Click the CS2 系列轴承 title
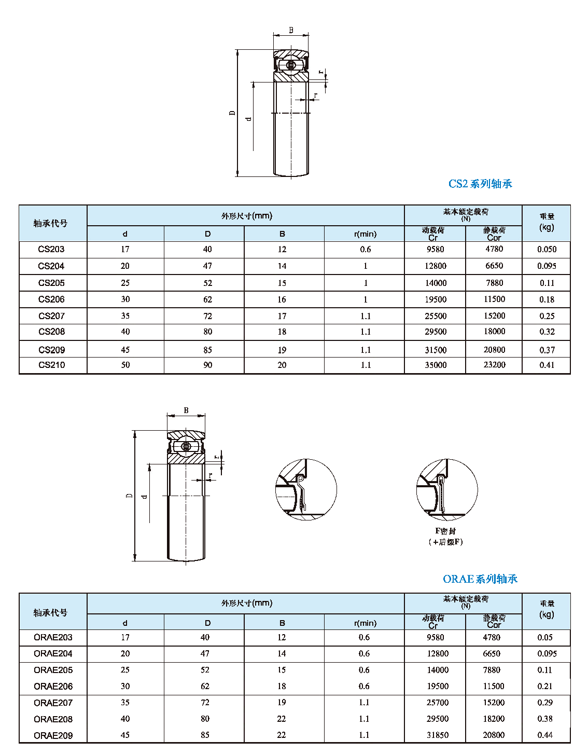click(x=480, y=184)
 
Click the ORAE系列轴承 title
click(x=480, y=579)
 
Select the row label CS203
click(x=51, y=249)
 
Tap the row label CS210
click(x=52, y=365)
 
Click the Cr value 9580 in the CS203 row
click(x=436, y=249)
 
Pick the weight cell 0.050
click(x=547, y=249)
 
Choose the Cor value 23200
click(x=494, y=365)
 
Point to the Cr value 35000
click(x=436, y=365)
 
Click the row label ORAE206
click(x=53, y=686)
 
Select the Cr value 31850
click(x=438, y=735)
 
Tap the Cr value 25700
click(x=438, y=703)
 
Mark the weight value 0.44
click(x=545, y=735)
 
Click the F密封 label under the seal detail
click(x=445, y=531)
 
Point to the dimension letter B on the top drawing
click(x=291, y=30)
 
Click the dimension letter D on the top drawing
click(x=232, y=113)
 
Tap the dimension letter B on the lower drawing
click(x=186, y=410)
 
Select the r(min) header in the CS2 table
click(x=365, y=234)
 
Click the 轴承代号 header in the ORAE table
click(x=51, y=613)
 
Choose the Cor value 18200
click(x=493, y=719)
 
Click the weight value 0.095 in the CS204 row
click(x=547, y=266)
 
